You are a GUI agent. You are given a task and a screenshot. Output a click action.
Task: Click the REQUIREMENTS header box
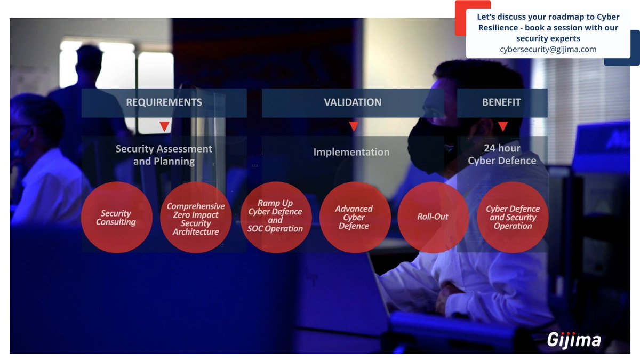[x=164, y=102]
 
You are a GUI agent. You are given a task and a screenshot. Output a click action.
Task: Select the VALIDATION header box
[x=353, y=102]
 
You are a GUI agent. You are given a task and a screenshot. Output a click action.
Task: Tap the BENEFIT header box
[x=502, y=102]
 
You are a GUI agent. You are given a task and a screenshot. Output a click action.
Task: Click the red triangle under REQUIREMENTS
[x=164, y=127]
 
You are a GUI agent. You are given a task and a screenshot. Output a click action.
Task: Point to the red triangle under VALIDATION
[x=353, y=127]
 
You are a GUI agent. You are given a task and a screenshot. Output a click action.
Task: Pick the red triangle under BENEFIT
[x=502, y=127]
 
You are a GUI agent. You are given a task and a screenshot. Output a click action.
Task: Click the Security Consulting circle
[x=117, y=218]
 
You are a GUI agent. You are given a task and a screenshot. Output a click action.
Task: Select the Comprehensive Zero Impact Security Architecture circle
[x=196, y=218]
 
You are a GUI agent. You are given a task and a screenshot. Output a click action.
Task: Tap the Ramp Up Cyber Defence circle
[x=275, y=218]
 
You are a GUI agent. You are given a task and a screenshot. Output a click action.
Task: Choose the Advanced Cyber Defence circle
[x=354, y=218]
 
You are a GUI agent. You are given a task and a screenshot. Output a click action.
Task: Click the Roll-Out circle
[x=433, y=218]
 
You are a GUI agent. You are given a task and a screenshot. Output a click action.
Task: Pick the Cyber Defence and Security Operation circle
[x=513, y=218]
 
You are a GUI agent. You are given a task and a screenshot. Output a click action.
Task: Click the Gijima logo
[x=574, y=340]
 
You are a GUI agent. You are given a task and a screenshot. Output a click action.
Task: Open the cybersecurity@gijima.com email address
[x=548, y=49]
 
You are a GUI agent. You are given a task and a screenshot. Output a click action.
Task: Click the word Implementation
[x=351, y=152]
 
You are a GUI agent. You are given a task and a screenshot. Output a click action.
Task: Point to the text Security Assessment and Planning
[x=164, y=155]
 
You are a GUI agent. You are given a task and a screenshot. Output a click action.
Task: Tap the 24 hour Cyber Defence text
[x=502, y=154]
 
